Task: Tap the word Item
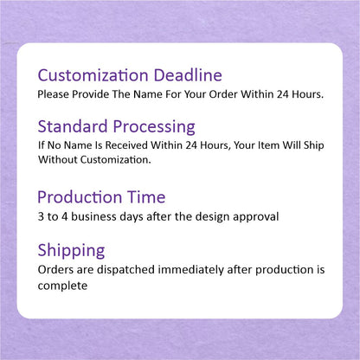(264, 145)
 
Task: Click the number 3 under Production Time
(42, 215)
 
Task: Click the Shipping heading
(72, 251)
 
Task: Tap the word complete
(61, 286)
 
